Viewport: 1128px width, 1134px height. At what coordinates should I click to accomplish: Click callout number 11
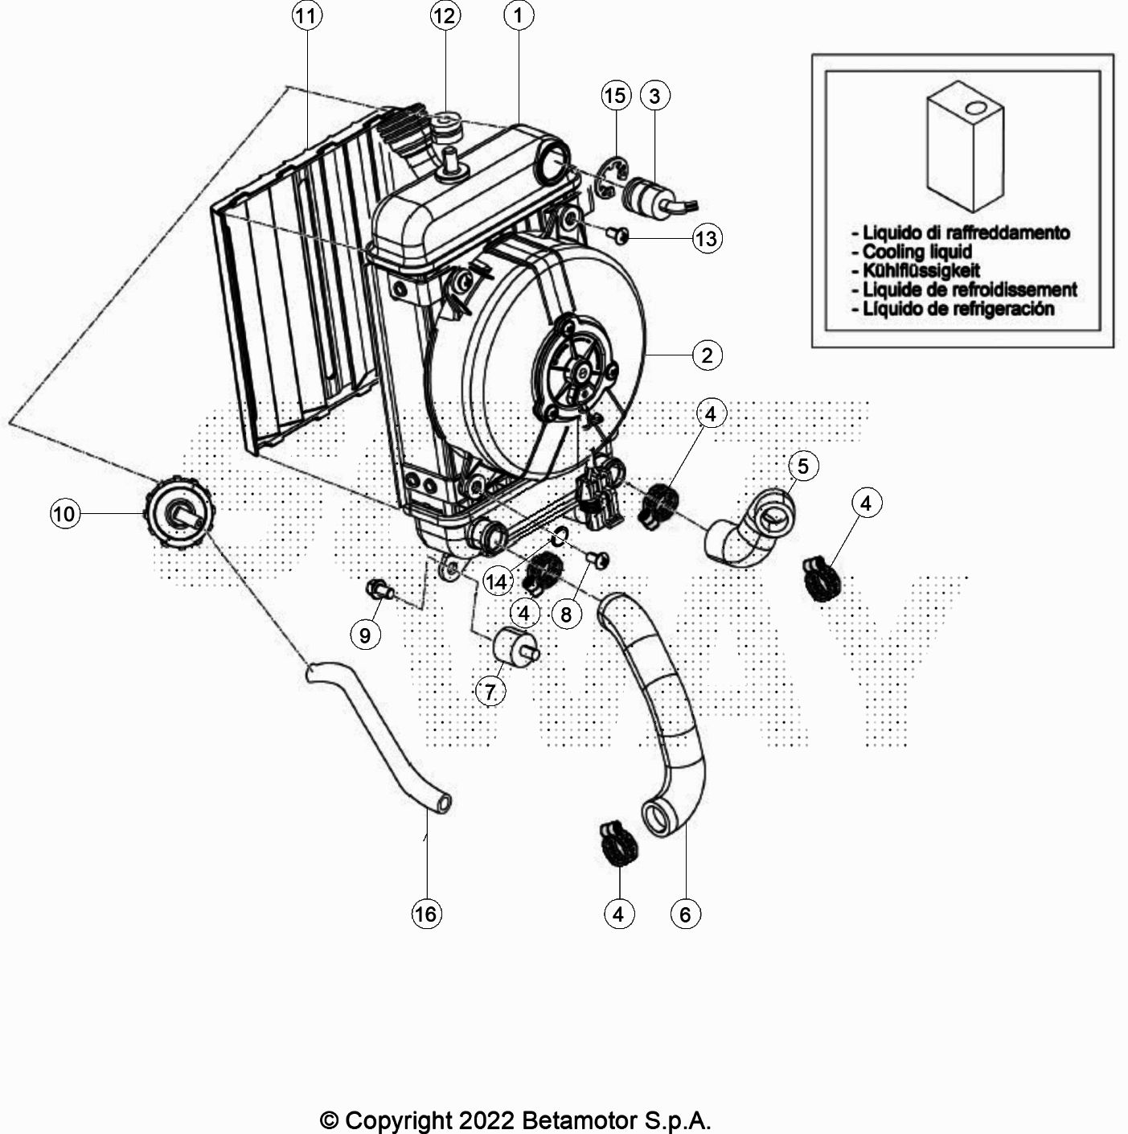click(306, 16)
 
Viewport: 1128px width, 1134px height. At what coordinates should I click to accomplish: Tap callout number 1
click(519, 15)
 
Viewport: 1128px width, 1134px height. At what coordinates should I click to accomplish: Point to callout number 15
click(615, 96)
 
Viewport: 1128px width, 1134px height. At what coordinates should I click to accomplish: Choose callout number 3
click(654, 96)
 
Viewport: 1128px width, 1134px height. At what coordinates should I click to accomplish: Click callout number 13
click(707, 238)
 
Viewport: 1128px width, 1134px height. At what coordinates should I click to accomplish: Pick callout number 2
click(707, 355)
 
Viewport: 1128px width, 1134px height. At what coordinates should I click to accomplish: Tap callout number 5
click(803, 465)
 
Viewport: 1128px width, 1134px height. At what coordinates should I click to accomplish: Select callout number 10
click(64, 513)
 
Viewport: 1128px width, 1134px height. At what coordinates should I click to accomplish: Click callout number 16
click(425, 914)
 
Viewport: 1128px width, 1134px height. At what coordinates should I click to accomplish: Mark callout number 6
click(685, 914)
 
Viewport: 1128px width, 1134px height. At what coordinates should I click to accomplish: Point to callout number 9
click(365, 635)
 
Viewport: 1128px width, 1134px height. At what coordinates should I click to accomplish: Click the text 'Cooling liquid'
click(917, 252)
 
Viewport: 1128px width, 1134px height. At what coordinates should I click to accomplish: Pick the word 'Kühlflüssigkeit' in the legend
click(921, 270)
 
